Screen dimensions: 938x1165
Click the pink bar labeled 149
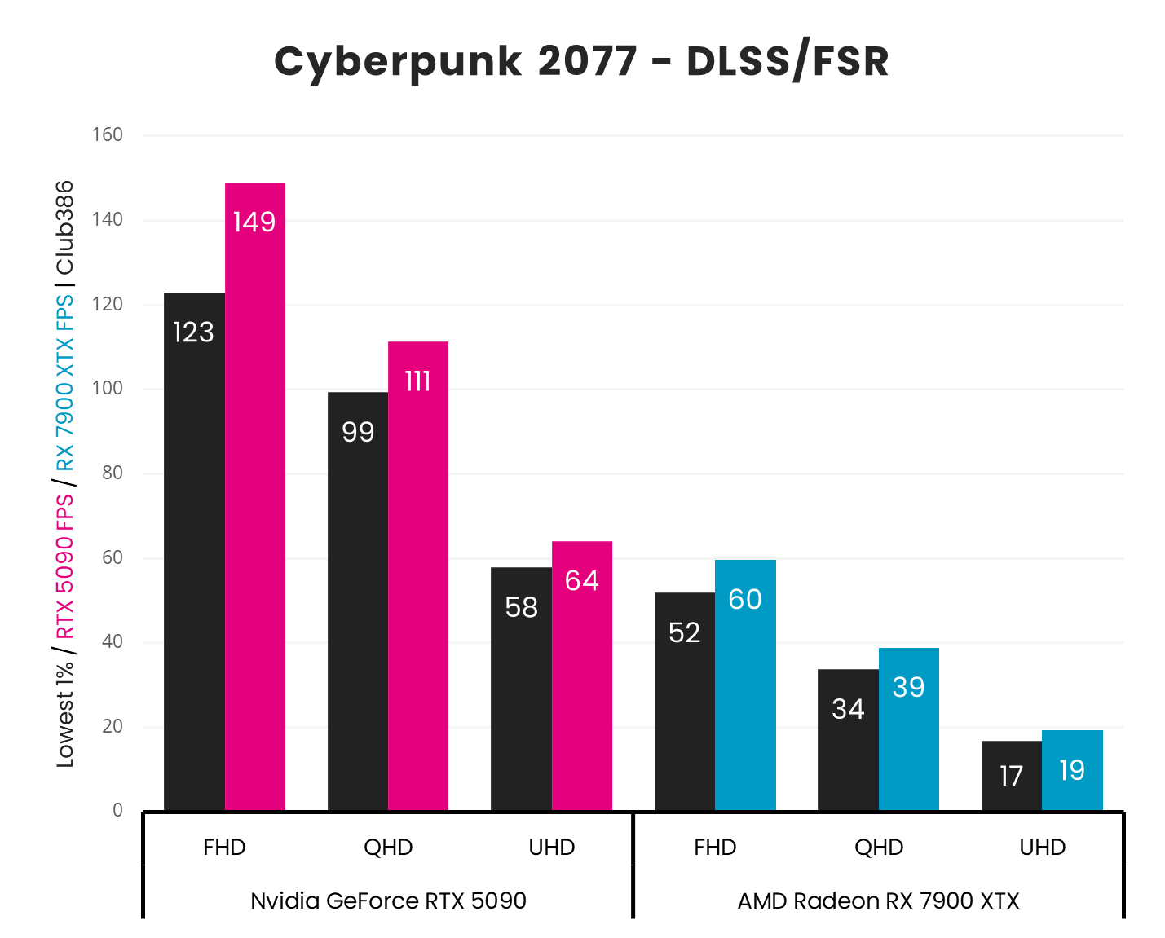(254, 496)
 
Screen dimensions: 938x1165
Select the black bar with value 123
(194, 551)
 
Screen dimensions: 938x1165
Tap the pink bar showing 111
(417, 575)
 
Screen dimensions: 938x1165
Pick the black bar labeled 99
(358, 601)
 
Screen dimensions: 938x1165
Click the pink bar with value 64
(581, 676)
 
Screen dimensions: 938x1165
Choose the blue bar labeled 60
(745, 685)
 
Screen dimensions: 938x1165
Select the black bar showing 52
(685, 701)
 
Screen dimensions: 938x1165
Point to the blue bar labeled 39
(908, 729)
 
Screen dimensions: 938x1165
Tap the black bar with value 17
(1011, 775)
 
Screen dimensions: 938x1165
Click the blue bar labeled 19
(1072, 770)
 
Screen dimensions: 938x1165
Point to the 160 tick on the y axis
(108, 134)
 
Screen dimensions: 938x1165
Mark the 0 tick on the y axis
(118, 810)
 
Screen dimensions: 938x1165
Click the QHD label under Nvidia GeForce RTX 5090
(388, 848)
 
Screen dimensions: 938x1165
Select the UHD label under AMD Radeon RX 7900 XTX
(1042, 848)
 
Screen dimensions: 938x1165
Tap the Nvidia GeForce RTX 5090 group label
(388, 901)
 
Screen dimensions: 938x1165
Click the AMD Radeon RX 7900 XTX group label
(878, 901)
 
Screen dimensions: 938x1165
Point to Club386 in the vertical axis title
(64, 228)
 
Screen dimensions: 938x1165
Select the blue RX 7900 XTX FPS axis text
(64, 383)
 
